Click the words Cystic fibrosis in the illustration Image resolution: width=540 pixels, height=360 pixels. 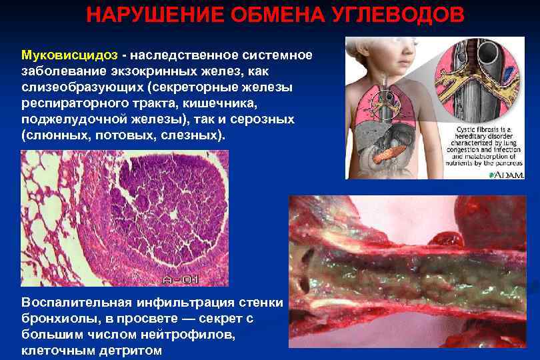tap(477, 129)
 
